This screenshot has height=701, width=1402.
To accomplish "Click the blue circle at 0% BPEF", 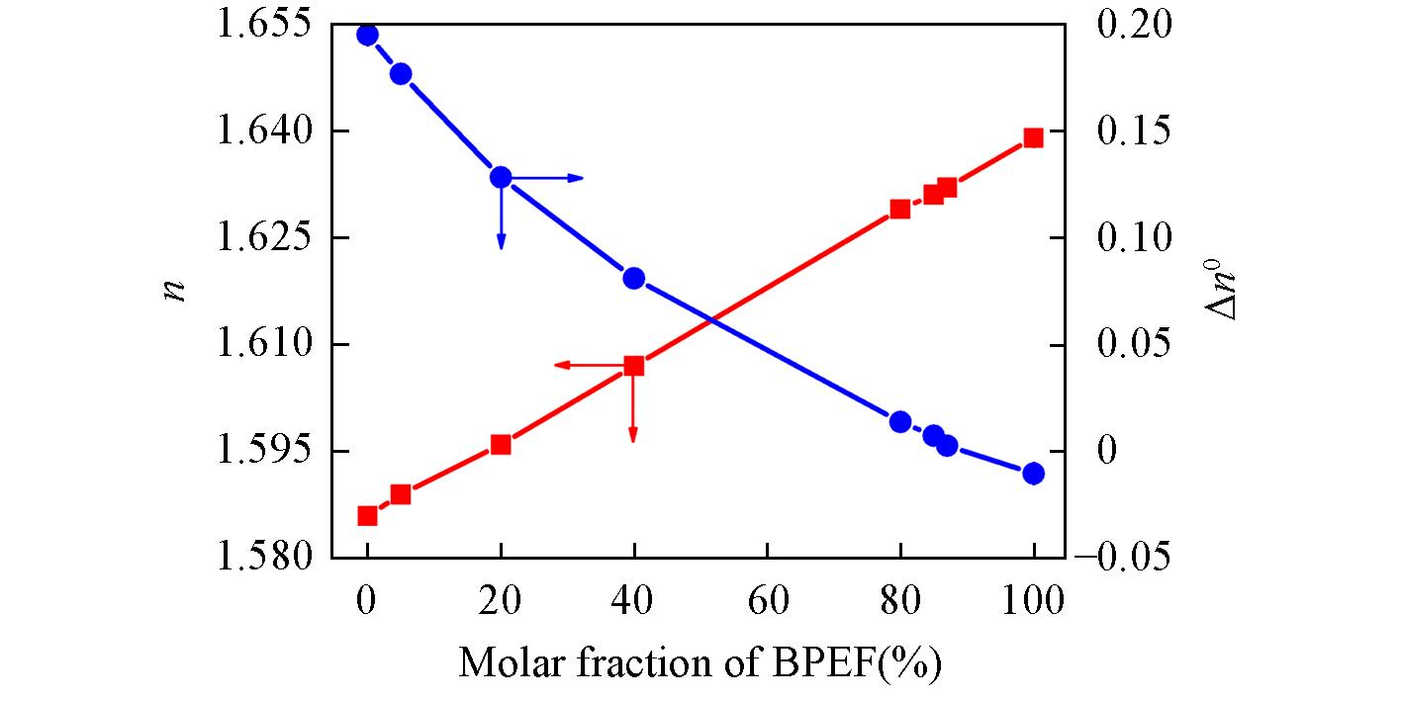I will point(367,36).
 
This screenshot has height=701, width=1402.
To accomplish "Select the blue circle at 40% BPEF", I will point(634,278).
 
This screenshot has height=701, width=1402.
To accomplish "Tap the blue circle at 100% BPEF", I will point(1034,474).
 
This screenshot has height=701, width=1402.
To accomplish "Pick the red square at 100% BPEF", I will point(1034,137).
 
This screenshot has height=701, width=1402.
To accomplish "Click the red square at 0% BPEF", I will point(367,516).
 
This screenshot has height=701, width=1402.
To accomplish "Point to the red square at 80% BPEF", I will point(900,209).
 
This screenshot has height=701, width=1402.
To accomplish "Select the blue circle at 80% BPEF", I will point(900,422).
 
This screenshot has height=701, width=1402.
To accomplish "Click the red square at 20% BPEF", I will point(501,444).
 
